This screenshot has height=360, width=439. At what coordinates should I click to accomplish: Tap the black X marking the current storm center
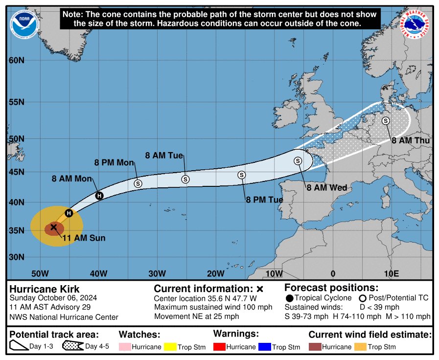pyautogui.click(x=54, y=227)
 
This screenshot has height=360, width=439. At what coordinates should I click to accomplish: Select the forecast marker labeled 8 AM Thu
pyautogui.click(x=386, y=121)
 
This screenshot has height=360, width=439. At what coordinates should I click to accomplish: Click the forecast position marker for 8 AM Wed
pyautogui.click(x=298, y=160)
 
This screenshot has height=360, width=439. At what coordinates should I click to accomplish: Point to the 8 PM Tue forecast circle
pyautogui.click(x=241, y=175)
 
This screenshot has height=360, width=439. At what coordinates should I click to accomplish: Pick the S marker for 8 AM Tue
pyautogui.click(x=185, y=179)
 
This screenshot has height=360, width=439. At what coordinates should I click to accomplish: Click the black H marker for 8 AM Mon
pyautogui.click(x=99, y=196)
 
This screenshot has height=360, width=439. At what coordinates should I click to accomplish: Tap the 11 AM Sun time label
pyautogui.click(x=84, y=238)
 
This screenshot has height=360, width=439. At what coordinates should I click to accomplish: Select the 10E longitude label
pyautogui.click(x=391, y=273)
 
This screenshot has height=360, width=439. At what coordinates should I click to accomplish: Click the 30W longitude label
pyautogui.click(x=156, y=273)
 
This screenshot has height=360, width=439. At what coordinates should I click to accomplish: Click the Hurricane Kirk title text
pyautogui.click(x=45, y=289)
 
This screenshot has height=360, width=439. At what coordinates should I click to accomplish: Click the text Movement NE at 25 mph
pyautogui.click(x=197, y=316)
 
